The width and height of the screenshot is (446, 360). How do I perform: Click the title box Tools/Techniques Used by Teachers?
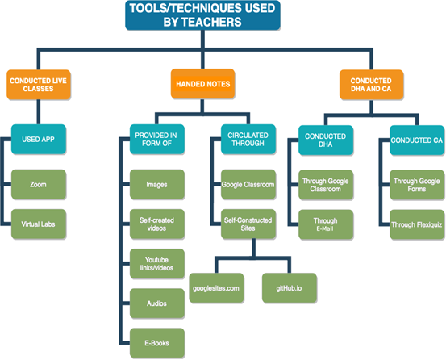click(x=202, y=15)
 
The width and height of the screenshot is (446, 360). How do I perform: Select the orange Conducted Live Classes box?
click(x=39, y=85)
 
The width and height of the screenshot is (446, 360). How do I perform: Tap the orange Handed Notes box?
click(x=202, y=84)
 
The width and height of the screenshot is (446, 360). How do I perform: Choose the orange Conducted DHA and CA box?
click(x=371, y=85)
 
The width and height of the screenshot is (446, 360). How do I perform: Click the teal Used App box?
click(x=39, y=139)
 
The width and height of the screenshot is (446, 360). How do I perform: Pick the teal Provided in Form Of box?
click(x=157, y=139)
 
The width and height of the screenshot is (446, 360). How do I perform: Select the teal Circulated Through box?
click(x=248, y=139)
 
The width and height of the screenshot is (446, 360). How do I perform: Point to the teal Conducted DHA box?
click(x=326, y=140)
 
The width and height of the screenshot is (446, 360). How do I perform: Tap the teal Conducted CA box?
click(x=417, y=140)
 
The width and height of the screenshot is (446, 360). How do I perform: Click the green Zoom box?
click(x=39, y=184)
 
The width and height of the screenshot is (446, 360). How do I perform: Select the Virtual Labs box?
click(x=39, y=224)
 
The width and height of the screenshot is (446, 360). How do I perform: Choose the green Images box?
click(x=157, y=184)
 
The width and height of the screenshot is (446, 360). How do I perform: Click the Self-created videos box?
click(x=157, y=224)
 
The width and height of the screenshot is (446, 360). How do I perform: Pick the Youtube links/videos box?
click(x=157, y=263)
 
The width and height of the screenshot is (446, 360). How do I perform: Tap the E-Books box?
click(x=157, y=343)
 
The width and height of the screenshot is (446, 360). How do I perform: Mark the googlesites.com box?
click(x=216, y=288)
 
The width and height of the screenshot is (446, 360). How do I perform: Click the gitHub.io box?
click(x=290, y=288)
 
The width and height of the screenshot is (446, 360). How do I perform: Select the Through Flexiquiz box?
click(x=417, y=224)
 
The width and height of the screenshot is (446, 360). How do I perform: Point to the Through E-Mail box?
click(x=326, y=224)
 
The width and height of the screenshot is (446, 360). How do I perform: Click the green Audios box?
click(x=157, y=303)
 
